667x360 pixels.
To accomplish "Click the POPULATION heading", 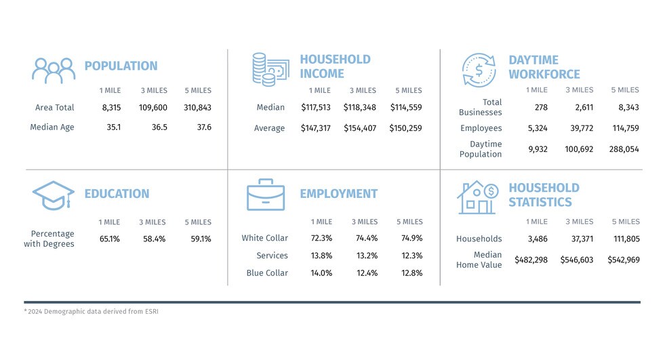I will (x=121, y=66).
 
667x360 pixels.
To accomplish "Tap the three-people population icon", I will (x=54, y=69).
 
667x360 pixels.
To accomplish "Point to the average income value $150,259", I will (x=406, y=127).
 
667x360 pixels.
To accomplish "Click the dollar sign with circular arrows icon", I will (x=479, y=70).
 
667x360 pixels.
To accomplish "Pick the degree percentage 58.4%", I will (x=153, y=239).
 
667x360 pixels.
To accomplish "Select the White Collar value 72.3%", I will (x=321, y=238).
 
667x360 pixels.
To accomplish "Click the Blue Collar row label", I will (x=267, y=273).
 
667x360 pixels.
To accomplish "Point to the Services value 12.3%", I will (x=411, y=256).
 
